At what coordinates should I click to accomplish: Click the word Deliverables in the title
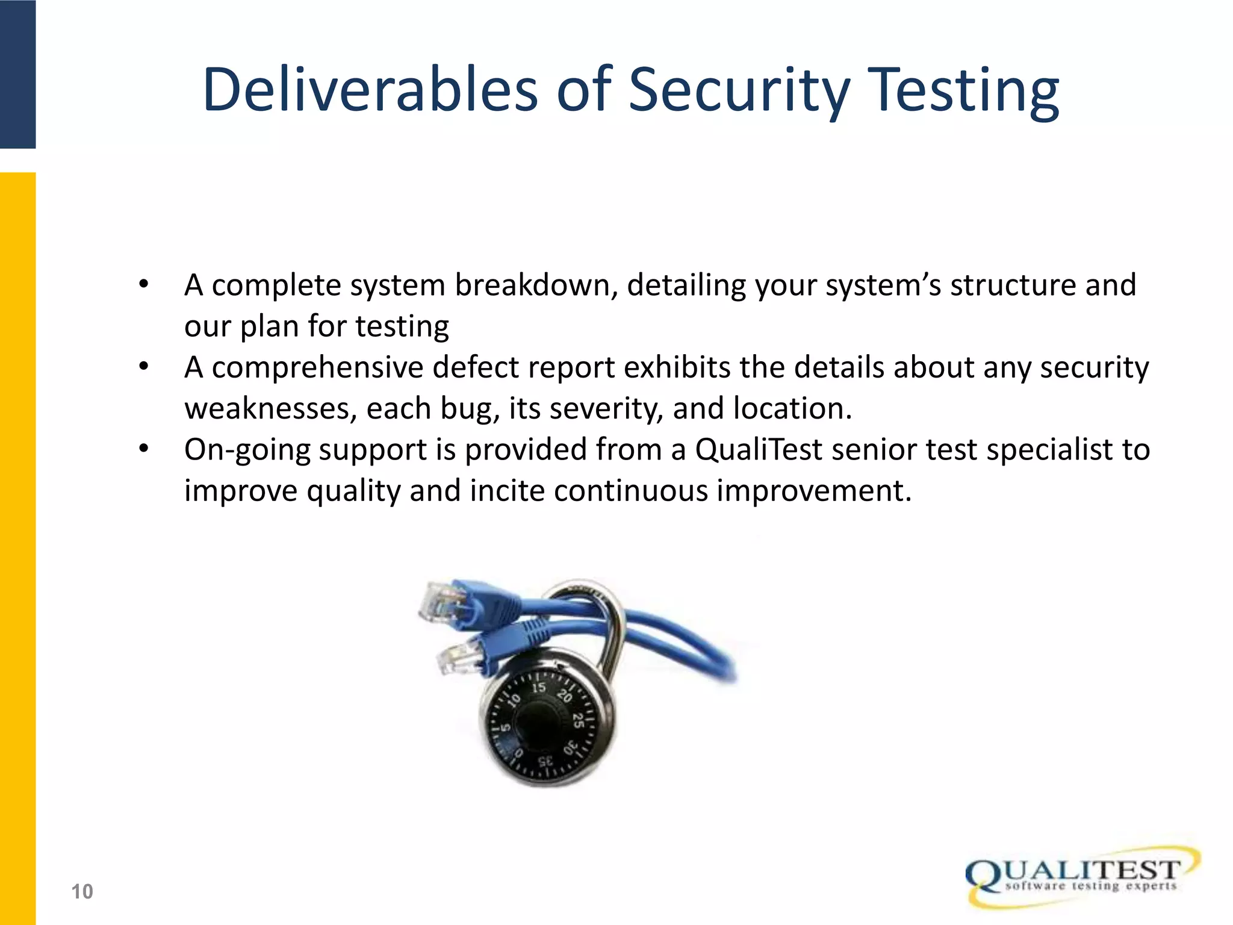point(370,90)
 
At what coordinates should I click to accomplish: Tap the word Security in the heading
point(739,90)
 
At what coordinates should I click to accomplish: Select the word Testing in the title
point(965,90)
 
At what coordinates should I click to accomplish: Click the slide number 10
point(82,891)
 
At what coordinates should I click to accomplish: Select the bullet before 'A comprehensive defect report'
point(143,367)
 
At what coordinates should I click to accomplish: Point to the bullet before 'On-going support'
point(143,449)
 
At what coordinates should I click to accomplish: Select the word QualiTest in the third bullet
point(759,450)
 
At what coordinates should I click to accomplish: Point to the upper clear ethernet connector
point(439,602)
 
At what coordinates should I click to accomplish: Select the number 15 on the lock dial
point(538,688)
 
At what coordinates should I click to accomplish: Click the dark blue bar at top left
point(17,73)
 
